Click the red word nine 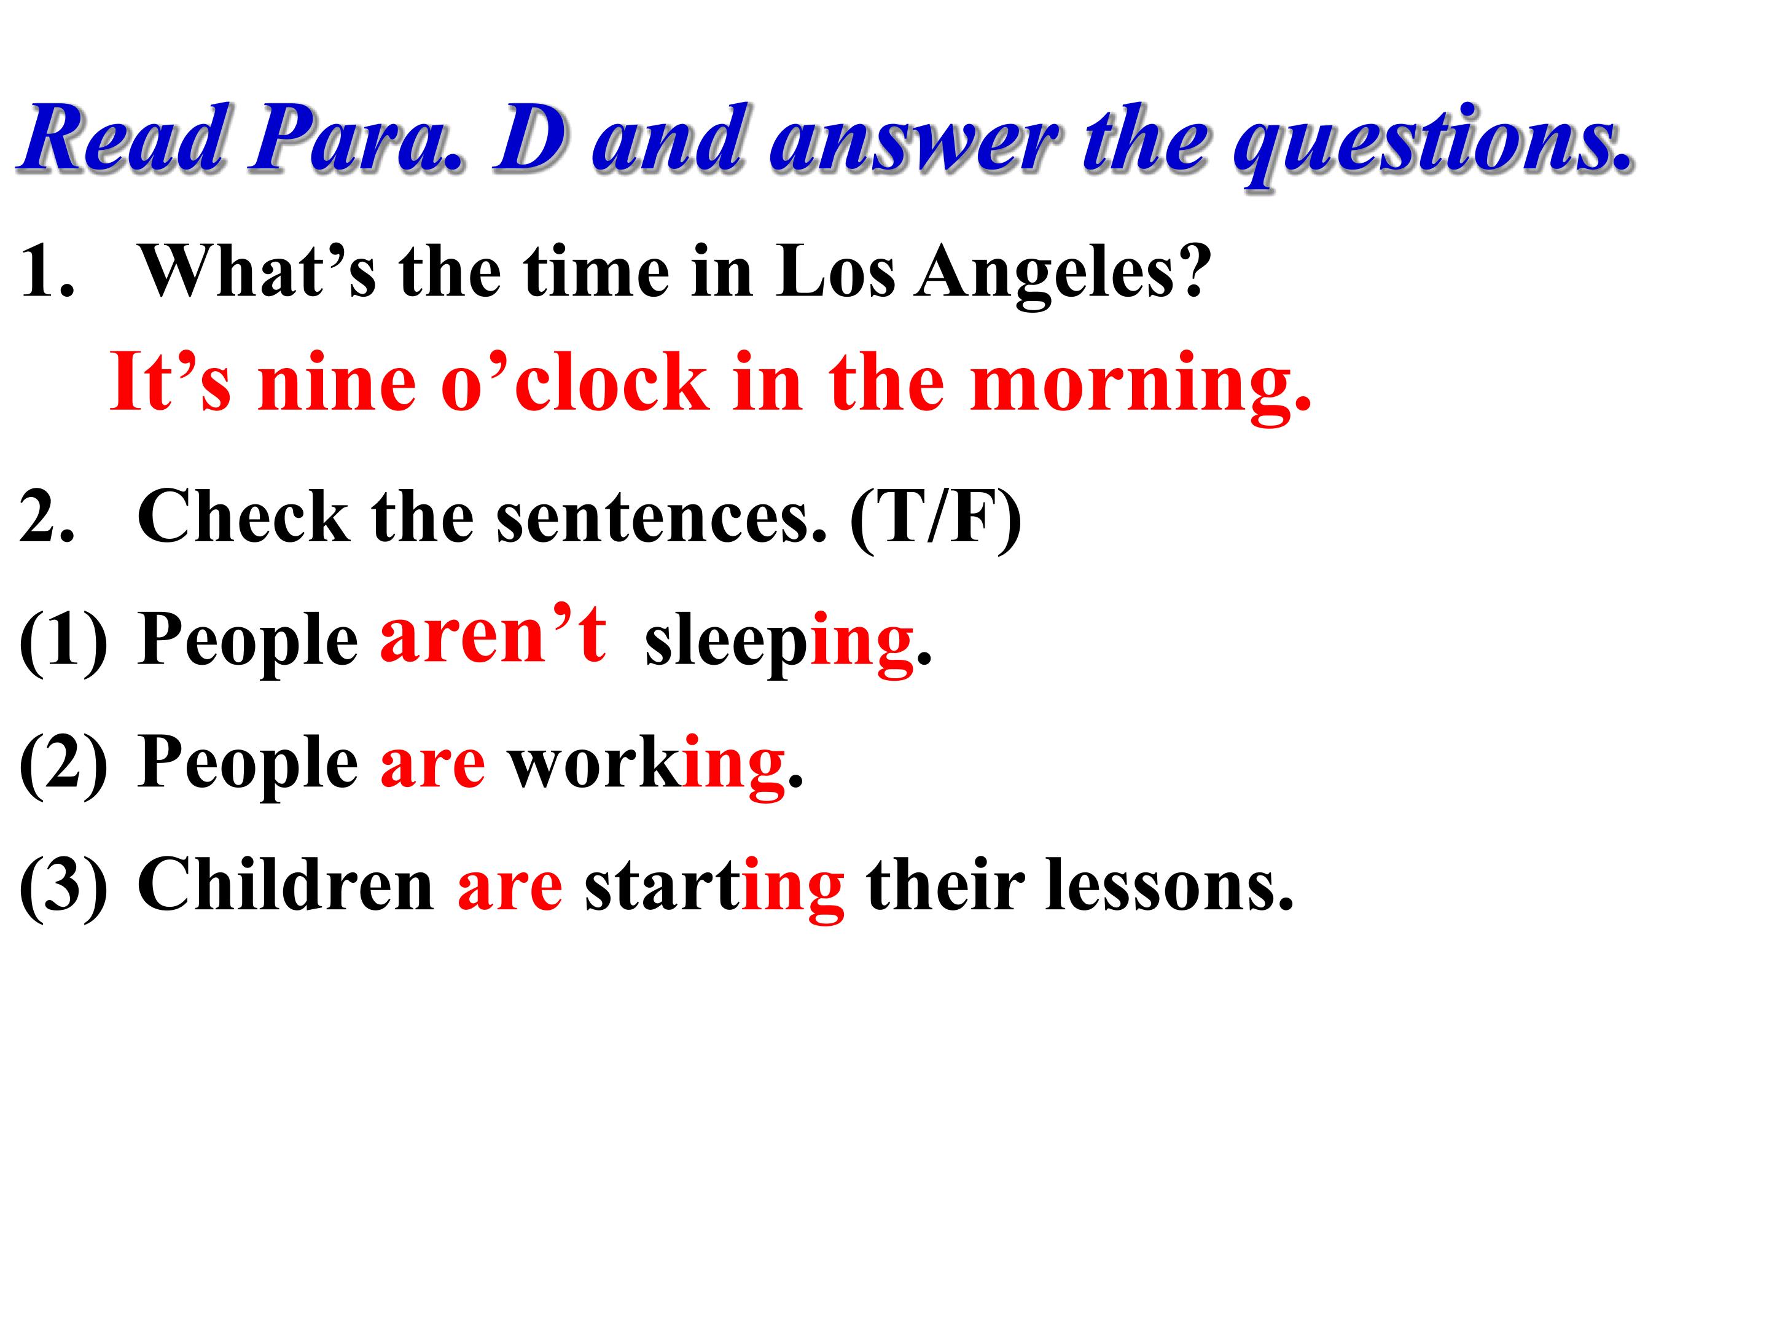tap(337, 383)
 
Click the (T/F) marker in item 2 tap(935, 519)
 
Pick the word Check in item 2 tap(243, 517)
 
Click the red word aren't tap(493, 633)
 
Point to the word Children tap(286, 884)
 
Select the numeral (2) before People tap(63, 765)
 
